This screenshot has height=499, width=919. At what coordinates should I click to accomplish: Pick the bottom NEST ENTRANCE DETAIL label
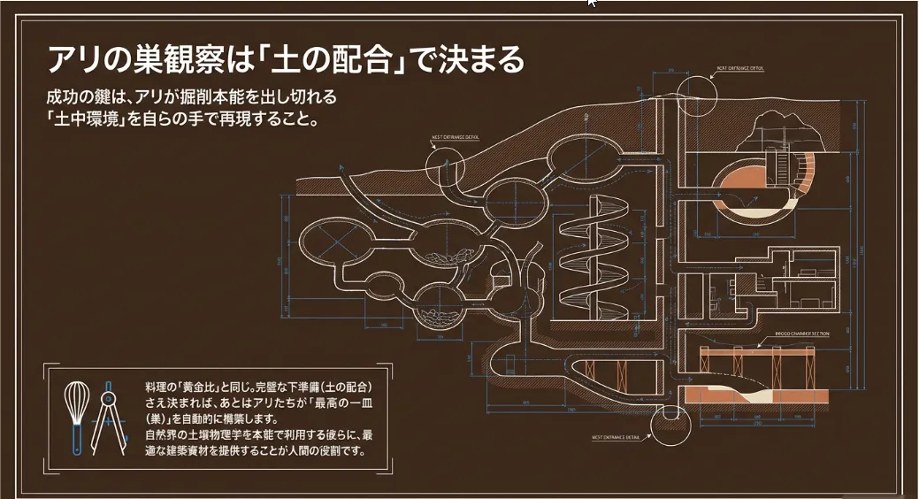[x=619, y=437]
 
